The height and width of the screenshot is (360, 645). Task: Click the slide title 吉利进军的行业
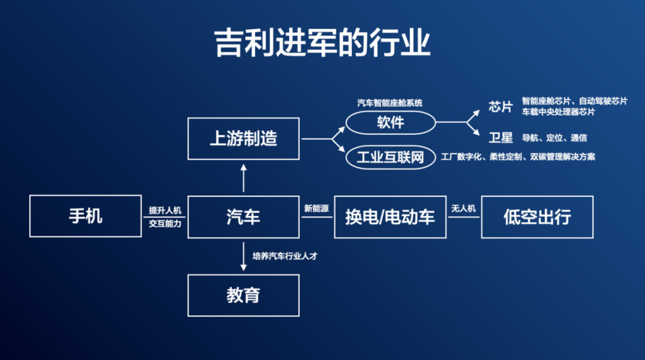pos(322,44)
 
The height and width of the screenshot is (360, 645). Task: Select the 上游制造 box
pos(243,139)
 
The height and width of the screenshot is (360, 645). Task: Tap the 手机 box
pos(85,216)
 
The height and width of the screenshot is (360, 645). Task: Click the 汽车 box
pos(243,216)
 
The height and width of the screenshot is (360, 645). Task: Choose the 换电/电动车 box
pos(390,216)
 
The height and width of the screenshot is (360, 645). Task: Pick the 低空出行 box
pos(537,216)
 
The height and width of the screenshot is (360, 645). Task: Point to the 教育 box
pos(243,294)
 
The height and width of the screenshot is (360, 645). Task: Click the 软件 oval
pos(391,122)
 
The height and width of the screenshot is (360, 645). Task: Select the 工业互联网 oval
pos(390,157)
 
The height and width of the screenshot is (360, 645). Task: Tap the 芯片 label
pos(500,107)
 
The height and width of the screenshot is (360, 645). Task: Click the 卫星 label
pos(500,138)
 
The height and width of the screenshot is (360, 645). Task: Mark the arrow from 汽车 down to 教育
pos(243,256)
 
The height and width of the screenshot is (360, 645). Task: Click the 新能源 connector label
pos(316,208)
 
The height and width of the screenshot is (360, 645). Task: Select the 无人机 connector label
pos(463,208)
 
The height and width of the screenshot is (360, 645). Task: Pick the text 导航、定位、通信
pos(554,138)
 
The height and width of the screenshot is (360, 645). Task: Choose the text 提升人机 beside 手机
pos(165,210)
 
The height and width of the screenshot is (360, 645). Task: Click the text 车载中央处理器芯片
pos(558,112)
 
